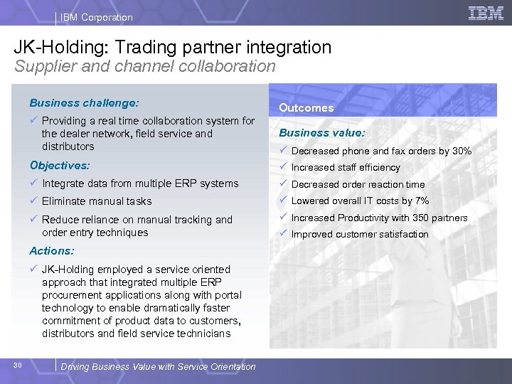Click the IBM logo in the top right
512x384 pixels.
coord(486,13)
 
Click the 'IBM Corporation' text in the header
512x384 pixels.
coord(96,17)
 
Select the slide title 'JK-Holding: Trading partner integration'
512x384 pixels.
coord(173,47)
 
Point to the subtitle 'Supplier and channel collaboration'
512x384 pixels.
coord(144,66)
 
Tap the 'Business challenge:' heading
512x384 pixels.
coord(84,102)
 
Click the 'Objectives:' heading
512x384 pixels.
coord(60,165)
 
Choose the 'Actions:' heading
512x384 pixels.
coord(52,250)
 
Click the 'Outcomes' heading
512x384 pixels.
coord(306,108)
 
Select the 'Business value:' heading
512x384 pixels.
coord(321,132)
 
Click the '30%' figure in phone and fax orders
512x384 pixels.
coord(462,151)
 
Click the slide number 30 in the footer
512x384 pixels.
coord(18,366)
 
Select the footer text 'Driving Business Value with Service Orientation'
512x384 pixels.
coord(158,367)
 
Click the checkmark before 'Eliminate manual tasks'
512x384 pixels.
coord(33,201)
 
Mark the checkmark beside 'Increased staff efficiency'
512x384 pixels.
coord(283,167)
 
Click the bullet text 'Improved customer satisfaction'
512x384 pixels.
coord(360,235)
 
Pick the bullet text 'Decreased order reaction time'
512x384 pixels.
coord(358,184)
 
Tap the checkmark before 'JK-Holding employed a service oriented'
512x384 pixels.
coord(33,269)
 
